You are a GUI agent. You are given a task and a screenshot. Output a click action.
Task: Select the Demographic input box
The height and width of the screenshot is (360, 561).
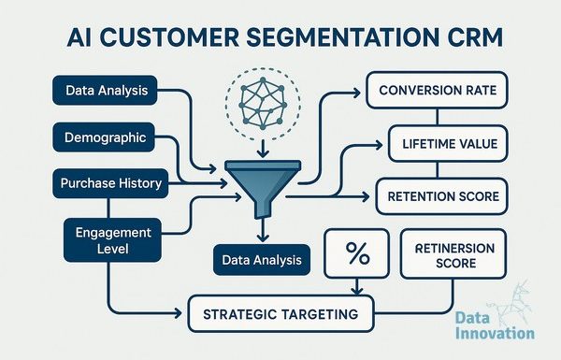point(104,137)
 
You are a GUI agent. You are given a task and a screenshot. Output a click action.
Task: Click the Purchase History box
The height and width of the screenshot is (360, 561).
point(110,183)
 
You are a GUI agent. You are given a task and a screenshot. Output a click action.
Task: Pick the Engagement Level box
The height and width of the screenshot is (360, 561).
point(113,240)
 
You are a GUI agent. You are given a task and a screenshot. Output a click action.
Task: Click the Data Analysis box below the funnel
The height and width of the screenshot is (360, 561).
point(262,260)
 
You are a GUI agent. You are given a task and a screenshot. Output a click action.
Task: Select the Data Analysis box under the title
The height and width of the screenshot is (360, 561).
point(105,90)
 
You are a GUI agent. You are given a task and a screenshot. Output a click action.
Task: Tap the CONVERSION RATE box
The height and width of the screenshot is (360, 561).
point(438,90)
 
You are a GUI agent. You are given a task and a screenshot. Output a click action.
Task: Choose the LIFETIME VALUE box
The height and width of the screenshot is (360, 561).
point(448,143)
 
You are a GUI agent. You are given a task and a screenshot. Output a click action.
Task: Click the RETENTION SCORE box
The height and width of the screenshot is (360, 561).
point(442,196)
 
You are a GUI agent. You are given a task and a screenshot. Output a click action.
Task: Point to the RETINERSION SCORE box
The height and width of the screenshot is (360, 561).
point(453,254)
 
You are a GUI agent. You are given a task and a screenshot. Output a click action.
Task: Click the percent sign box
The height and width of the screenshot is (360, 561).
point(357,253)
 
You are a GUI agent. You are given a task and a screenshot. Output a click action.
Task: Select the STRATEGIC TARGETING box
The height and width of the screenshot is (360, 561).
point(280,314)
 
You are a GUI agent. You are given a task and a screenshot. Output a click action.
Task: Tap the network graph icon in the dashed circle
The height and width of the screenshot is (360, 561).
point(263,104)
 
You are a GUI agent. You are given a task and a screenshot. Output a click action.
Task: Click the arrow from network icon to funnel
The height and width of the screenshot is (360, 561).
point(263,149)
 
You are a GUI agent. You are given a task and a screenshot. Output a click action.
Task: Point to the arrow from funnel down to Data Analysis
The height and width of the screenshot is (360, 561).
point(263,230)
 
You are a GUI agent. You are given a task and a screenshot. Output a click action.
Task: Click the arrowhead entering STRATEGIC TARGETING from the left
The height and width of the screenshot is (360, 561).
point(178,313)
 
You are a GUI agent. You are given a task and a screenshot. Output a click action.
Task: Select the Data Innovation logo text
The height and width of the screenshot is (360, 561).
point(495,325)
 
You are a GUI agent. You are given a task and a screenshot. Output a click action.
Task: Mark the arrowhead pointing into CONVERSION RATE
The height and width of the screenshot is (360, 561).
point(357,94)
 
